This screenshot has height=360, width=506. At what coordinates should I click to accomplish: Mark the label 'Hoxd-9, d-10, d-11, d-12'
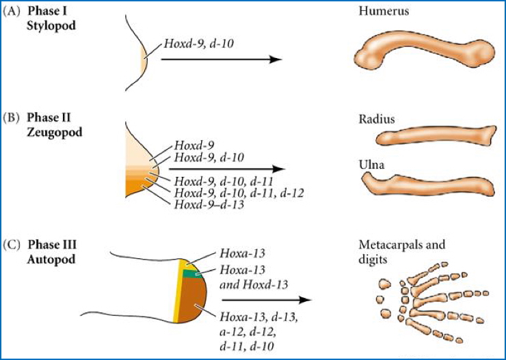pyautogui.click(x=239, y=193)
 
